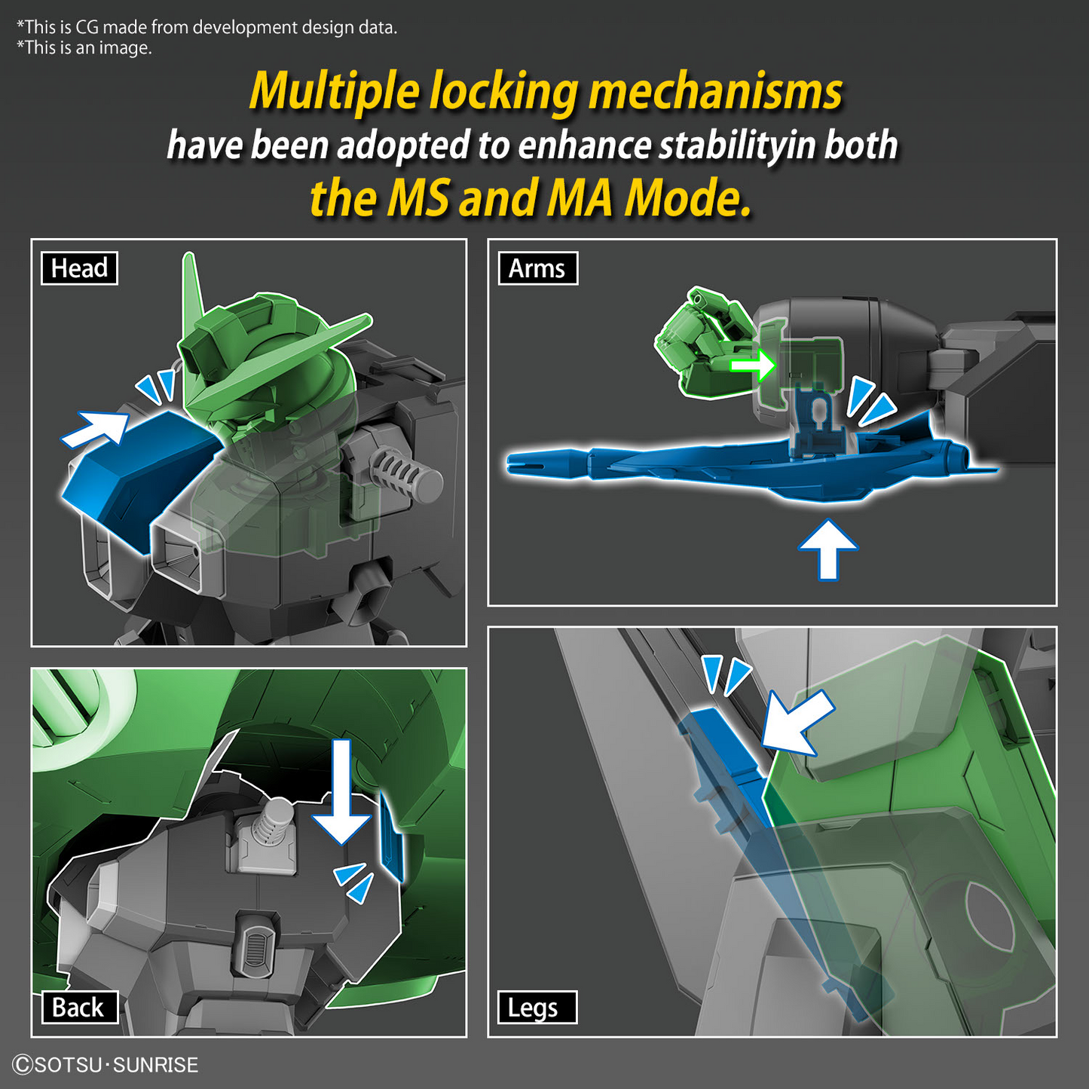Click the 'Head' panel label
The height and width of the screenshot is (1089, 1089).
coord(79,268)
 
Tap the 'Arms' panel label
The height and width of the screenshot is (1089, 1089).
coord(537,268)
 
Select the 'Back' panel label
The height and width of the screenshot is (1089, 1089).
coord(78,1007)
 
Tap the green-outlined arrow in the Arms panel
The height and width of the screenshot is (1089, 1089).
coord(753,365)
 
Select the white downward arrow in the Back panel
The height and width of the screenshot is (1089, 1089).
coord(341,795)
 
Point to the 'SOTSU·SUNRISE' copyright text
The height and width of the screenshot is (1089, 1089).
coord(106,1065)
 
